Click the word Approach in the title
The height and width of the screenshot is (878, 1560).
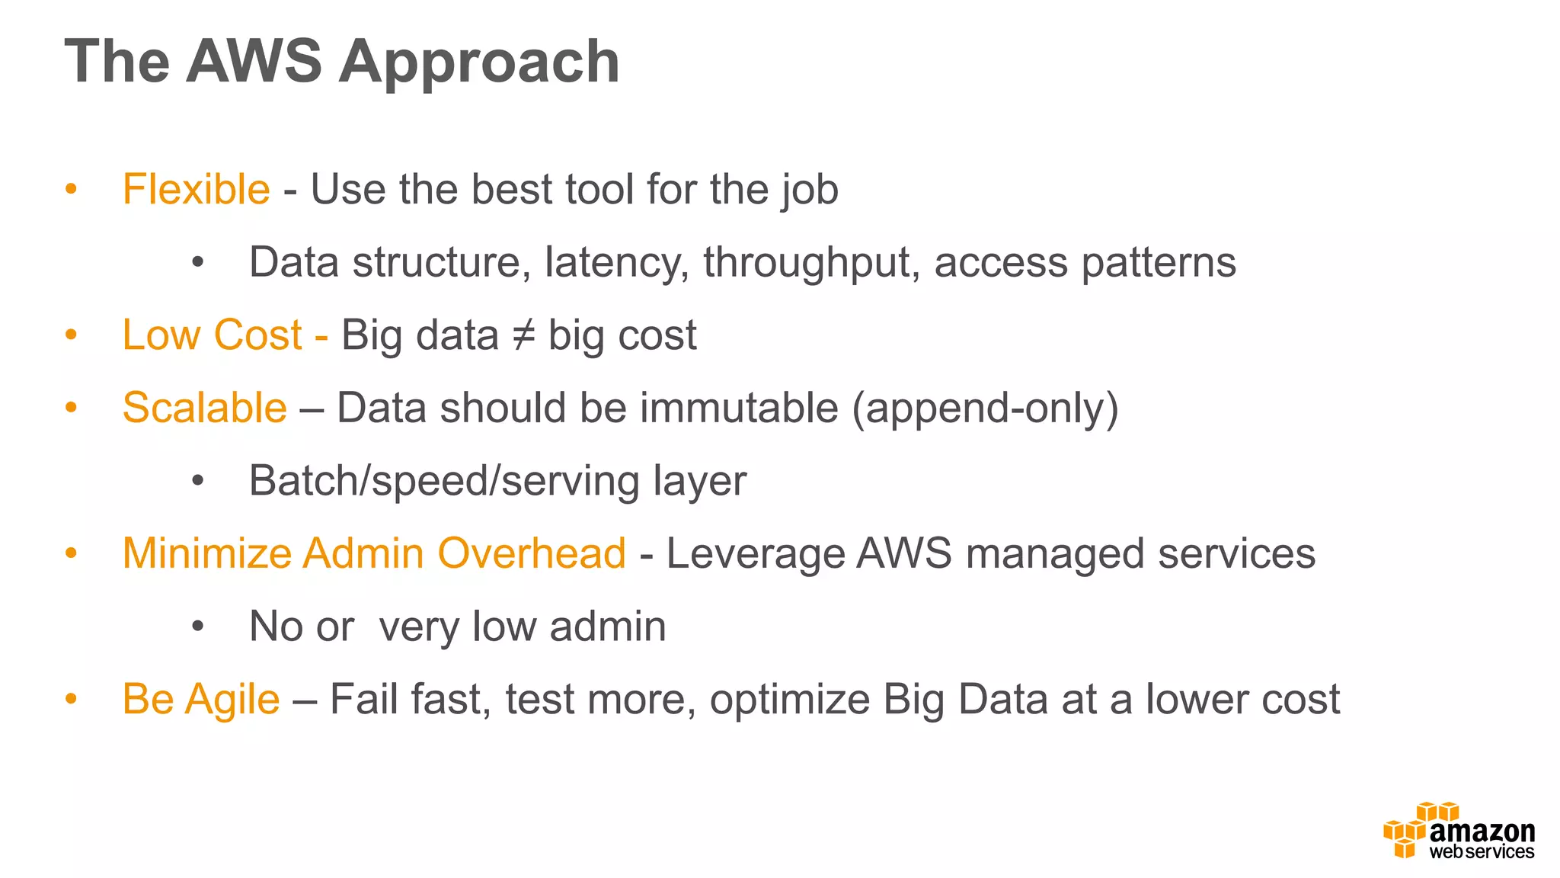click(479, 62)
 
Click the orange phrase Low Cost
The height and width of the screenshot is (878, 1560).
click(213, 335)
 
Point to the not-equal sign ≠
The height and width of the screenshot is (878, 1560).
click(523, 335)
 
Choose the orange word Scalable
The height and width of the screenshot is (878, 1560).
click(204, 408)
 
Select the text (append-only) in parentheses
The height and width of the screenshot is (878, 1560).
click(985, 409)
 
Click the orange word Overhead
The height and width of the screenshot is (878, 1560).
click(532, 553)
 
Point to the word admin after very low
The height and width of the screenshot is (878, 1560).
click(607, 626)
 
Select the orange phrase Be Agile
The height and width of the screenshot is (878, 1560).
click(201, 700)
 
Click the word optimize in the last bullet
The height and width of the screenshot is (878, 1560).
click(790, 700)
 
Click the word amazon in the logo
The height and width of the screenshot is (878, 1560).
click(1482, 832)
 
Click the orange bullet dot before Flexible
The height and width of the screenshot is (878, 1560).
click(72, 189)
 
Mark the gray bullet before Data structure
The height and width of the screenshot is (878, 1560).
click(198, 263)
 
